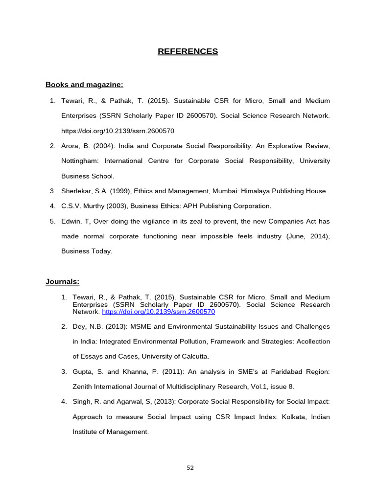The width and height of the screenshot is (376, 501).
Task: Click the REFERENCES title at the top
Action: (188, 51)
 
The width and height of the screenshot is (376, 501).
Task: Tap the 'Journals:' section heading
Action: (62, 281)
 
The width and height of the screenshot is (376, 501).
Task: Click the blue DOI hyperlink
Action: (158, 312)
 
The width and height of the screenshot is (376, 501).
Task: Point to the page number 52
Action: (190, 467)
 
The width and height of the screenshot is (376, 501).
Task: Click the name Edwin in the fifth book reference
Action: (70, 221)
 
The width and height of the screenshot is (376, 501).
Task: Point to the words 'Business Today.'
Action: (87, 251)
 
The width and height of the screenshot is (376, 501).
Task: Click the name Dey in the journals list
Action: (79, 326)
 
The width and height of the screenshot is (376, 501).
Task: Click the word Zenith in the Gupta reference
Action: (83, 387)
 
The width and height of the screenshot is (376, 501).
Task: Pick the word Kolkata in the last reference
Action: (282, 417)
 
